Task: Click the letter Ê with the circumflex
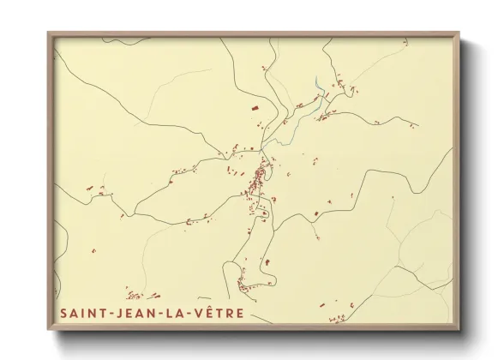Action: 208,313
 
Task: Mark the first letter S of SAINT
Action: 64,314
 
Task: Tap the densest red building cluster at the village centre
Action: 257,182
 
